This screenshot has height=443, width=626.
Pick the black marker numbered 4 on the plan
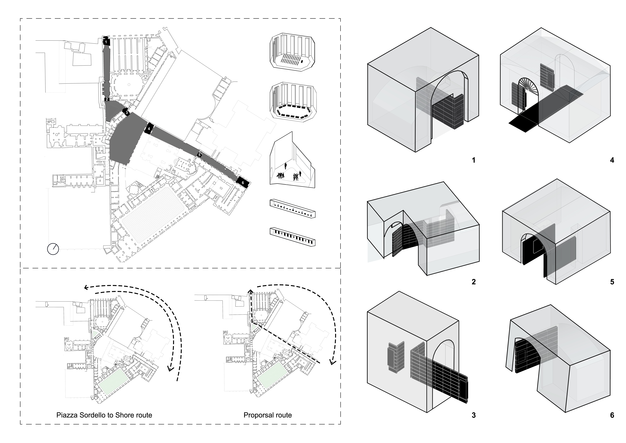pos(149,129)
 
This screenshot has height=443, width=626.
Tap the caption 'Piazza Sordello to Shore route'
pos(104,415)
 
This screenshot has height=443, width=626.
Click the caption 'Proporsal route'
pos(267,415)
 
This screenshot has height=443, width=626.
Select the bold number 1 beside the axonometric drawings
pos(474,160)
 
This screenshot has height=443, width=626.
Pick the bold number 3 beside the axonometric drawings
pos(474,415)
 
